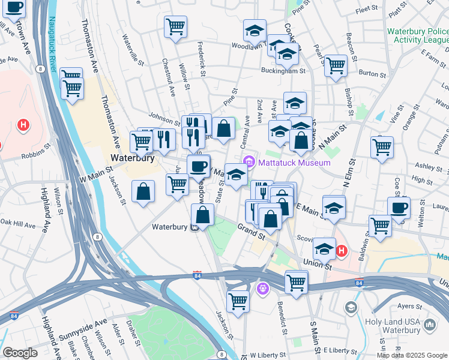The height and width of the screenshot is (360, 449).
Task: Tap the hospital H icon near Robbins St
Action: pyautogui.click(x=23, y=125)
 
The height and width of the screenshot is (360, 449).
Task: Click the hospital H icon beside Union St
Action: pyautogui.click(x=341, y=250)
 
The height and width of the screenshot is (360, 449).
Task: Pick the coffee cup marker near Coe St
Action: pyautogui.click(x=399, y=208)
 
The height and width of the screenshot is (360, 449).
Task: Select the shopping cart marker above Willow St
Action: pyautogui.click(x=175, y=26)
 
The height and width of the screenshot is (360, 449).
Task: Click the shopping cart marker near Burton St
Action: pyautogui.click(x=336, y=65)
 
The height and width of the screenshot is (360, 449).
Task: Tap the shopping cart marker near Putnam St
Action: pyautogui.click(x=382, y=146)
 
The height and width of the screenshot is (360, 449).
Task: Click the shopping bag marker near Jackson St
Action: pyautogui.click(x=143, y=191)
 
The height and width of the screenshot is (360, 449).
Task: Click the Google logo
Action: pyautogui.click(x=20, y=353)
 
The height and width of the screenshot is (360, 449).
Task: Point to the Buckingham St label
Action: pyautogui.click(x=287, y=71)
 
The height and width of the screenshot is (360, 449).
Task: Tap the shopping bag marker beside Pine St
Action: pyautogui.click(x=223, y=128)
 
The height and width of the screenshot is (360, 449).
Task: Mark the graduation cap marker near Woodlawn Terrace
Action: pyautogui.click(x=255, y=30)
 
